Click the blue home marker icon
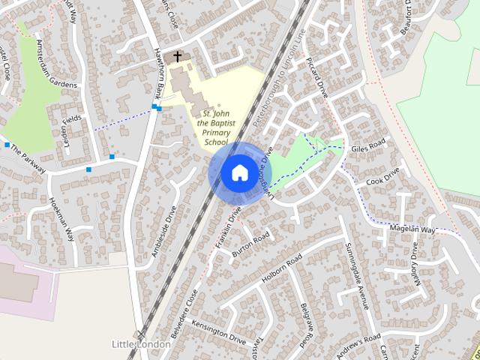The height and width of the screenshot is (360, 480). click(238, 172)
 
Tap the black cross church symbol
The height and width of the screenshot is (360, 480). click(178, 56)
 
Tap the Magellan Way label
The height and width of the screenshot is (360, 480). click(412, 228)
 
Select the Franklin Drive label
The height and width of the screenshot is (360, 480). click(226, 223)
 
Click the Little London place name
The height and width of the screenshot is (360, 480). click(140, 343)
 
